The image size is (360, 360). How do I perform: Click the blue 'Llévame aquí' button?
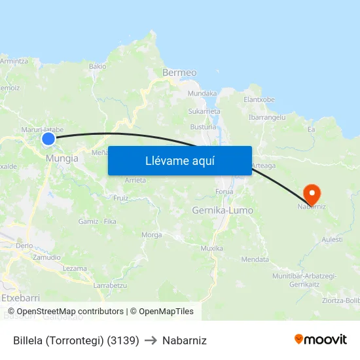[179, 160]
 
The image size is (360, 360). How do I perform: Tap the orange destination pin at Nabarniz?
[312, 193]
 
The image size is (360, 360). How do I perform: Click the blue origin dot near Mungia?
[48, 138]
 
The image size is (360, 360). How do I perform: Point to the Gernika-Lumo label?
[223, 210]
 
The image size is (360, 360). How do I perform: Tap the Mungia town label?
[62, 158]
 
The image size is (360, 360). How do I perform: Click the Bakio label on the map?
[98, 66]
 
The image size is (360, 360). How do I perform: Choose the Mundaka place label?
[202, 94]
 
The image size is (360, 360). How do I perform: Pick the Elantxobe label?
[259, 99]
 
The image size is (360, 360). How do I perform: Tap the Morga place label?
[151, 234]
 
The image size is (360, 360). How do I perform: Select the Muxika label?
[211, 248]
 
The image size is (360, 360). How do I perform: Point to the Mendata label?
[255, 259]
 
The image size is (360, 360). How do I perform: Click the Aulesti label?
[332, 240]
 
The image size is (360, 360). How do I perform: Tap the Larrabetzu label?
[110, 285]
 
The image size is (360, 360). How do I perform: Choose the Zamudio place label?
[46, 257]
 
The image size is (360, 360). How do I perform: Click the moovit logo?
[321, 339]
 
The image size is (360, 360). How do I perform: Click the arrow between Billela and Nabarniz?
[151, 340]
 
